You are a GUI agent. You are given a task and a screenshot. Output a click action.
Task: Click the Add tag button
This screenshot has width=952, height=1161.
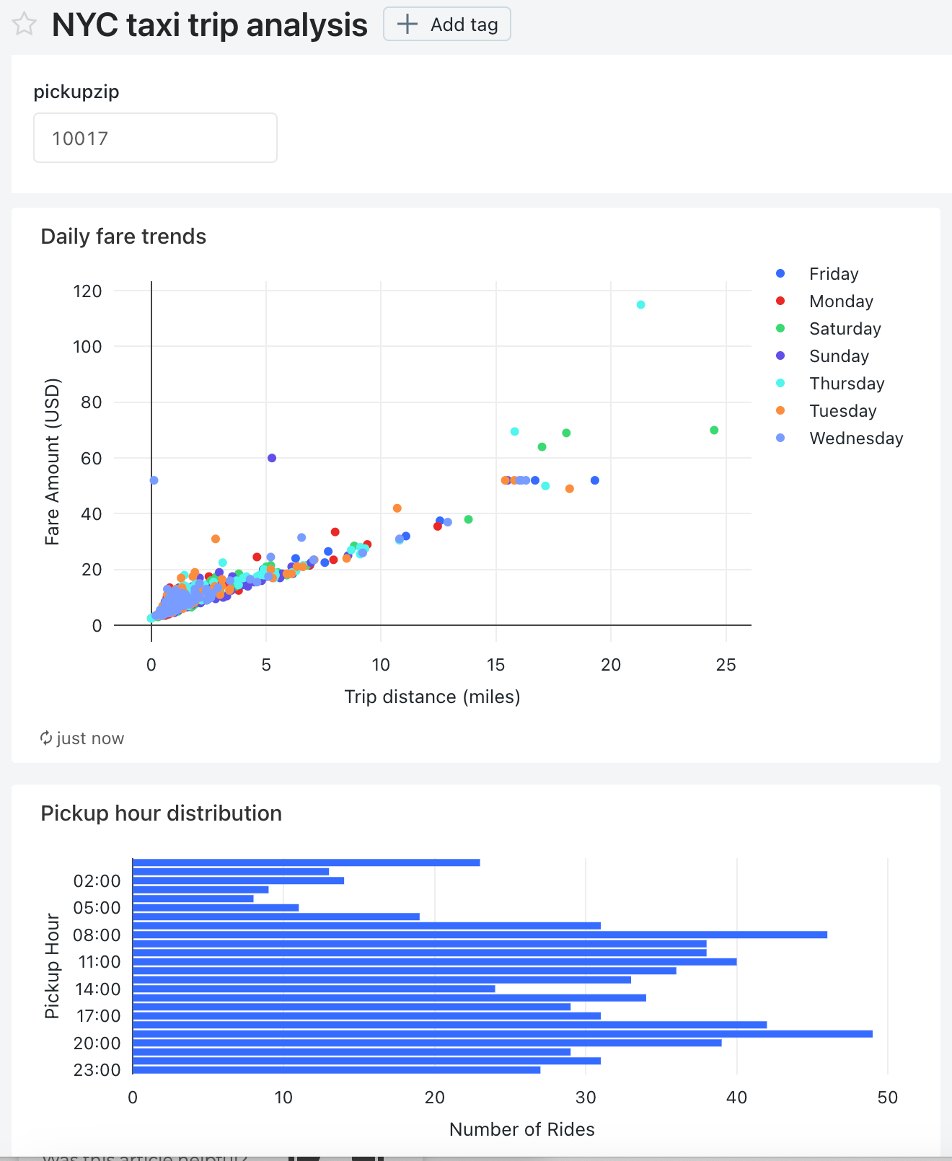click(x=447, y=25)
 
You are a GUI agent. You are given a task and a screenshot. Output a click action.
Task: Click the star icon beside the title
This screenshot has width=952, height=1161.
click(x=24, y=24)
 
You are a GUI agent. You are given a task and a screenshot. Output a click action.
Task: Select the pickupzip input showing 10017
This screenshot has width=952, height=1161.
click(x=155, y=138)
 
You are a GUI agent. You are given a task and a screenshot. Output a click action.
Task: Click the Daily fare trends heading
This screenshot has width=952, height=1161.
click(x=123, y=237)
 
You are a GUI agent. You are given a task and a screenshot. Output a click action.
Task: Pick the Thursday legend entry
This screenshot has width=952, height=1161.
click(x=846, y=384)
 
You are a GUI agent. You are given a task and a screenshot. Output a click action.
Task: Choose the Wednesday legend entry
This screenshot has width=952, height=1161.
click(x=855, y=438)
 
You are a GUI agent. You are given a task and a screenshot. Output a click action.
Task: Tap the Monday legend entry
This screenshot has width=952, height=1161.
click(x=840, y=301)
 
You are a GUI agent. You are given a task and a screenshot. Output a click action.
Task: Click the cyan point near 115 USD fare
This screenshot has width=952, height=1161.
click(x=640, y=305)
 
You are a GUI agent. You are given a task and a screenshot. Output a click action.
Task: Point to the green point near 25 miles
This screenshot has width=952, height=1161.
click(x=714, y=431)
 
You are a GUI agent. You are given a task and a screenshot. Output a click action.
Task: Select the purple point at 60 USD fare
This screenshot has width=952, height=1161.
click(x=272, y=458)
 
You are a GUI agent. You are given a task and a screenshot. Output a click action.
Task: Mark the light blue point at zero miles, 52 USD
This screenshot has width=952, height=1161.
click(x=154, y=480)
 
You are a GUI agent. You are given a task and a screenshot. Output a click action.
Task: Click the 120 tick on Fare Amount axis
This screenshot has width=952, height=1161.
click(x=87, y=291)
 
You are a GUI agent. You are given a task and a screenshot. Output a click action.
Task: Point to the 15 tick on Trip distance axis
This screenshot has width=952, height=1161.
click(x=495, y=665)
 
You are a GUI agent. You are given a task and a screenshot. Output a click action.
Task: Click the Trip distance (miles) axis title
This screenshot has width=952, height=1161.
click(x=432, y=697)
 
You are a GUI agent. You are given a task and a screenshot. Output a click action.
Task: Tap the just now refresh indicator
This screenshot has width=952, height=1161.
click(x=82, y=738)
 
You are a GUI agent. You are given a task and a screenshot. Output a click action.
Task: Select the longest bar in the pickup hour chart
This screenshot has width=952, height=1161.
click(x=502, y=1034)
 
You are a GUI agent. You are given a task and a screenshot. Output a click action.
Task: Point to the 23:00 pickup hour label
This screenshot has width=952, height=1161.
click(x=97, y=1070)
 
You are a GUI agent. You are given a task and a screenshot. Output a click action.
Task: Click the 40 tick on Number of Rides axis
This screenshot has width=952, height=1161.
click(x=736, y=1098)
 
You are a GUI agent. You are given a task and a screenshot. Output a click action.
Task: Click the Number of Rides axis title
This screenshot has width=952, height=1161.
click(x=521, y=1129)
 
